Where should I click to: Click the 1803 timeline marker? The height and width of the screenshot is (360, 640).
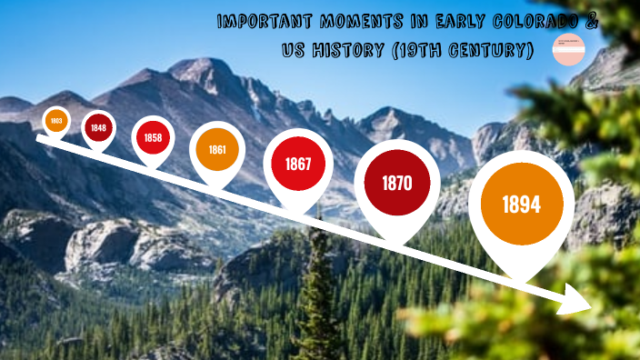(56, 120)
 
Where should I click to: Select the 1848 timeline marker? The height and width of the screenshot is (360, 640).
(98, 127)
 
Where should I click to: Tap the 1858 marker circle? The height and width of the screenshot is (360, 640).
(152, 137)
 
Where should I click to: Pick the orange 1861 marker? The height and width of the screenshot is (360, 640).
(217, 147)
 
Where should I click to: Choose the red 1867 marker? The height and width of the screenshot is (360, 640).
(297, 165)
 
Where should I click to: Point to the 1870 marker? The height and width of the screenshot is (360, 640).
(397, 183)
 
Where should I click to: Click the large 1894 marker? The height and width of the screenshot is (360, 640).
(521, 205)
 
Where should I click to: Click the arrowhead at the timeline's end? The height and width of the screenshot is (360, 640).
(578, 299)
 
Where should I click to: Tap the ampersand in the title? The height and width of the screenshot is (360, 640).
(592, 23)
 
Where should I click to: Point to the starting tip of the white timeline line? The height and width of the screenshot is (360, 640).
(39, 139)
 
